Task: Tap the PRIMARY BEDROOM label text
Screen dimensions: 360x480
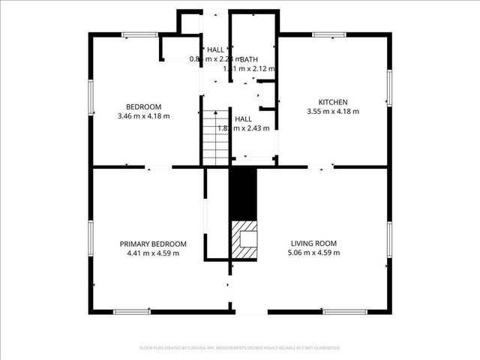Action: [x=153, y=244]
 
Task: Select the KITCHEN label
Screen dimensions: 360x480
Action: [x=333, y=102]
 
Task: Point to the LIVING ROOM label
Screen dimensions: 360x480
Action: [x=313, y=244]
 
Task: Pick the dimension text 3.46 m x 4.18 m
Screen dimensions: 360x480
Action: [x=143, y=116]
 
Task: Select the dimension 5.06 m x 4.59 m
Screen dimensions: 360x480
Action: [x=313, y=253]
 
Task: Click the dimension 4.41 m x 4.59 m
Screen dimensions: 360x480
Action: [x=153, y=253]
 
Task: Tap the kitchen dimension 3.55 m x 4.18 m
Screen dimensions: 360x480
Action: [x=333, y=112]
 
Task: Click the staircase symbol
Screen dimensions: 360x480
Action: [x=216, y=136]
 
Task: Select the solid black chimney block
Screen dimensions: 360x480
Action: [x=243, y=193]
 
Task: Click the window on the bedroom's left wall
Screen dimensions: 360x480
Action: [x=91, y=97]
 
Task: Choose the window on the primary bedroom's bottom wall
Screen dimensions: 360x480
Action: [x=131, y=311]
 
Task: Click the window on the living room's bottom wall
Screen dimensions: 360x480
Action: [x=345, y=311]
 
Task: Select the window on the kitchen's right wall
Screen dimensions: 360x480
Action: [x=389, y=88]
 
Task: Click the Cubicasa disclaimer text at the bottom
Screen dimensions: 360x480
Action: [x=240, y=348]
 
